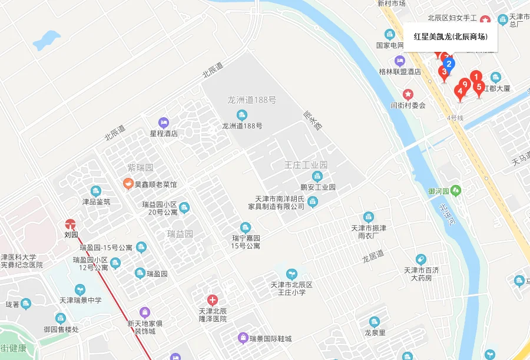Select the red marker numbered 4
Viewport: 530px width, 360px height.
tap(460, 92)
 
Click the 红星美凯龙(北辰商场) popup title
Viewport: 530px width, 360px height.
tap(450, 37)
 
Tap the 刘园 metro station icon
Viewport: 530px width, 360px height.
tap(71, 224)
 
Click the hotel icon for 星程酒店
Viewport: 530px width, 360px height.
tap(164, 123)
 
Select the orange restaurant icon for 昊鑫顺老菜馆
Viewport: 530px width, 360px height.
tap(127, 184)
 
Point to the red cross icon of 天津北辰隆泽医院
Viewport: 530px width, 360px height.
tap(213, 300)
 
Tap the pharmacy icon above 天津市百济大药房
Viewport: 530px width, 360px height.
tap(420, 259)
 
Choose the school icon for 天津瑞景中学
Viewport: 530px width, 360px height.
tap(80, 289)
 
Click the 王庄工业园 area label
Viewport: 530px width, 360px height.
tap(306, 164)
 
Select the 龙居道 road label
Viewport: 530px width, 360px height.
tap(372, 256)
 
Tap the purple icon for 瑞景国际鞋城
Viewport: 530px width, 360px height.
tap(242, 338)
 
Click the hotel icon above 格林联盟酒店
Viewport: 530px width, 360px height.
tap(400, 61)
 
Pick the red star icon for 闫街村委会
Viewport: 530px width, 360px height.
tap(408, 94)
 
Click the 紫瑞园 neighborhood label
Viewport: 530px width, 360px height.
tap(140, 167)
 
